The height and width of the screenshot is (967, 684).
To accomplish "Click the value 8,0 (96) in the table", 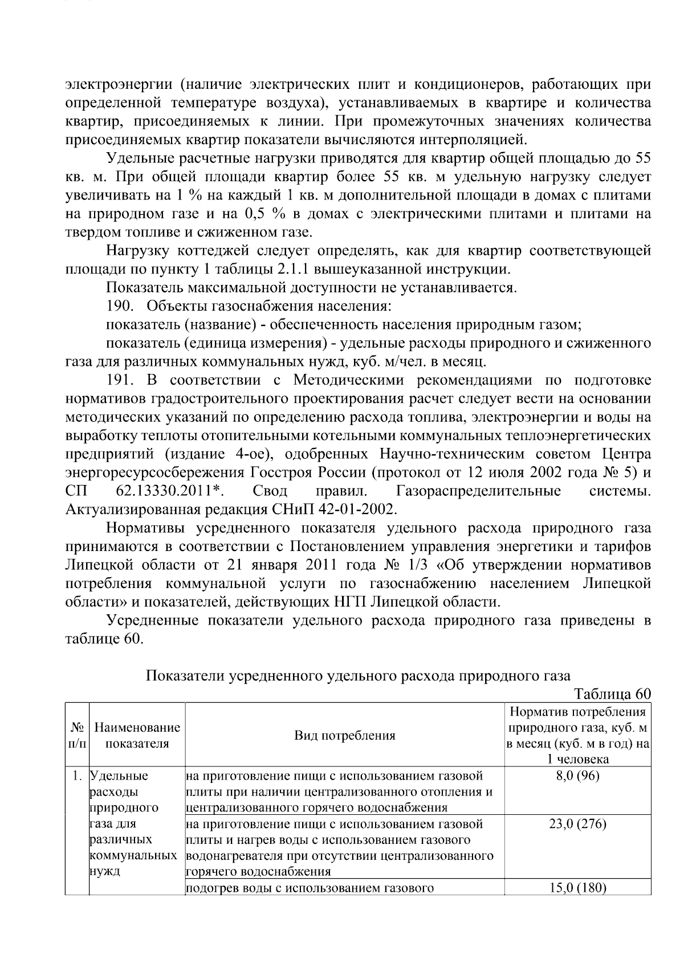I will point(578,776).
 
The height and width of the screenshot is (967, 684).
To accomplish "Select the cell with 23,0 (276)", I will point(578,824).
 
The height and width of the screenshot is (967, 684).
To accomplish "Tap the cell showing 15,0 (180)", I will point(578,888).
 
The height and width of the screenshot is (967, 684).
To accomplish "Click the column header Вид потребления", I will point(345,735).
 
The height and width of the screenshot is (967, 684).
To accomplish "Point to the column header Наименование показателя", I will point(137,735).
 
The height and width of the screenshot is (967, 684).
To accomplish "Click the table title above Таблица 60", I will point(358,676).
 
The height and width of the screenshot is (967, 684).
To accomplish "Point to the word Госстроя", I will point(282,472).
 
